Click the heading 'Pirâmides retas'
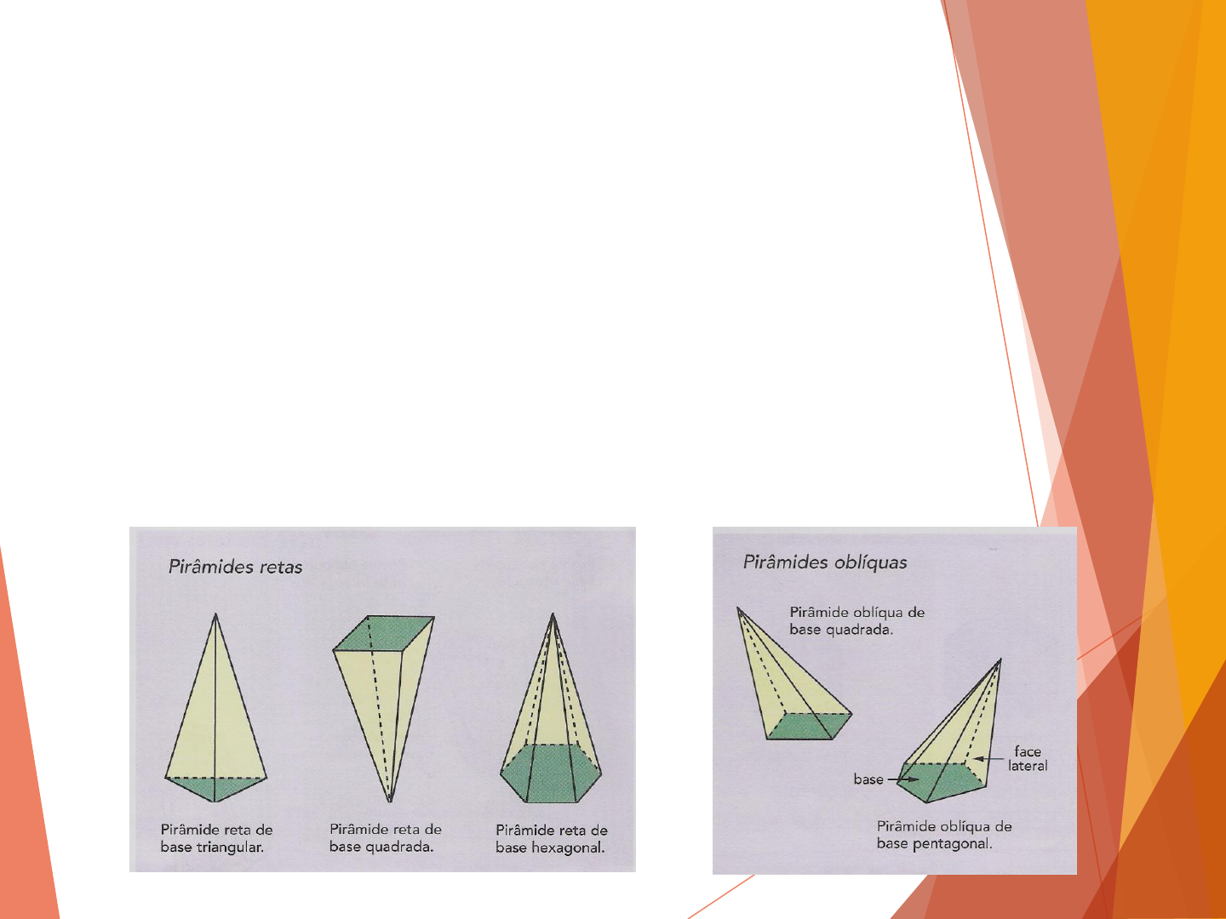pyautogui.click(x=235, y=567)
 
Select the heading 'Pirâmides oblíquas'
pyautogui.click(x=825, y=562)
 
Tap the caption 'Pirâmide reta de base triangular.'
pyautogui.click(x=217, y=838)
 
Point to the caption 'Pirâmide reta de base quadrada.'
pyautogui.click(x=386, y=837)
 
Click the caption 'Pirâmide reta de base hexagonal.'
pyautogui.click(x=552, y=839)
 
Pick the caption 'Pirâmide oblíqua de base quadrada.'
pyautogui.click(x=856, y=621)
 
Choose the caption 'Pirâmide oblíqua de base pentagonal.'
pyautogui.click(x=944, y=835)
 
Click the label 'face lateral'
pyautogui.click(x=1028, y=759)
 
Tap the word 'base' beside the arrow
pyautogui.click(x=868, y=779)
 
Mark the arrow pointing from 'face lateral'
pyautogui.click(x=988, y=759)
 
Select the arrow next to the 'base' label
pyautogui.click(x=903, y=779)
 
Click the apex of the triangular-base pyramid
pyautogui.click(x=215, y=614)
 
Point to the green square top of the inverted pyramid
pyautogui.click(x=384, y=633)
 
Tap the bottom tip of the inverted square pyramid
pyautogui.click(x=390, y=802)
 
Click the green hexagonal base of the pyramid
pyautogui.click(x=551, y=773)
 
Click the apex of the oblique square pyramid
pyautogui.click(x=738, y=608)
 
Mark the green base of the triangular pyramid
pyautogui.click(x=215, y=787)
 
